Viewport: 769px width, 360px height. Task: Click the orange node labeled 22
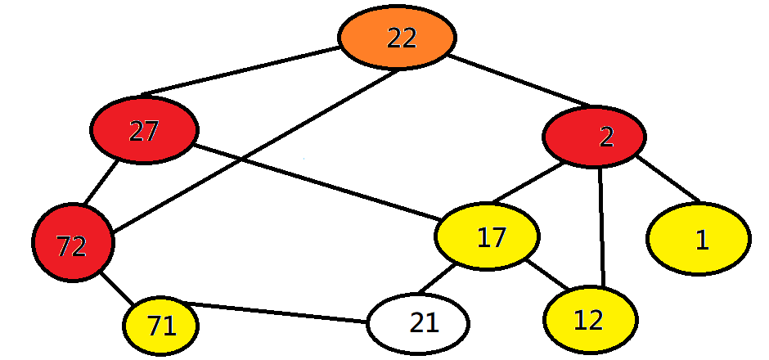point(397,38)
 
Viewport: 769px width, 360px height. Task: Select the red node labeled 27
point(144,131)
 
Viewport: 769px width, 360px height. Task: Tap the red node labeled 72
point(73,243)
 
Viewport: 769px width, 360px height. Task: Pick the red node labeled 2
point(595,137)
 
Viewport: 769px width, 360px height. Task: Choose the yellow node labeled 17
point(488,236)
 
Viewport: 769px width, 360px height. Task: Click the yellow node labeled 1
point(698,239)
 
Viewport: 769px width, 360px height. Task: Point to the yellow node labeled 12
point(589,320)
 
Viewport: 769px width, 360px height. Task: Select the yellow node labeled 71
point(161,326)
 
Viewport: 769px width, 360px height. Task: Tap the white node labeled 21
point(417,323)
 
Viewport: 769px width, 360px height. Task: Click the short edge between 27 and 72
point(102,184)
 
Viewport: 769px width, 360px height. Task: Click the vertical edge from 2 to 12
point(602,227)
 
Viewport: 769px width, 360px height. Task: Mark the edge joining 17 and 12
point(547,275)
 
